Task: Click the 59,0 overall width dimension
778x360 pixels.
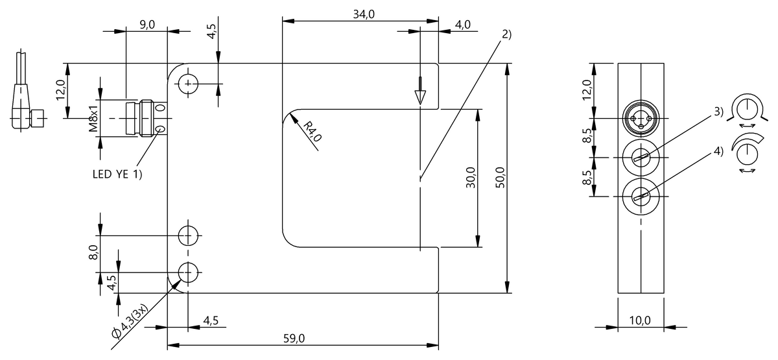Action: point(294,338)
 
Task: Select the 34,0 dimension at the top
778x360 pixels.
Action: point(364,14)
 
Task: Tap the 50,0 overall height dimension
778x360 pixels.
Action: point(500,178)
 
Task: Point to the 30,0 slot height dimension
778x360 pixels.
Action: point(471,178)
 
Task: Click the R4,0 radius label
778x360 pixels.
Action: point(312,131)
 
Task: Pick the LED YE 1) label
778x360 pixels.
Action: point(117,174)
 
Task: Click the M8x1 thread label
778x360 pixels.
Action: point(93,119)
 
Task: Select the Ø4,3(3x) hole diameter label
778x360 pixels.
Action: point(130,321)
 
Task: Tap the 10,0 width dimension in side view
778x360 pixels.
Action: point(640,320)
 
